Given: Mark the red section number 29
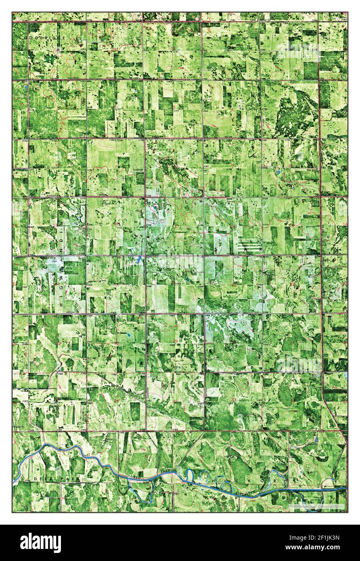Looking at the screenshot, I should point(175,341).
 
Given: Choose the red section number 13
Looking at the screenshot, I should point(57,224).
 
